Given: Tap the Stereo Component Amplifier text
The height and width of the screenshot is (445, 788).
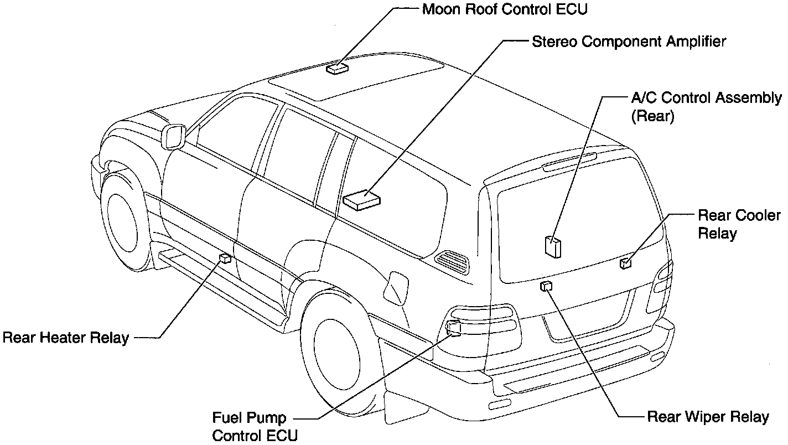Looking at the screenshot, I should point(629,42).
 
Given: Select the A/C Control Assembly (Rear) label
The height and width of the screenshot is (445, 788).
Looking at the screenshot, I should point(706,107).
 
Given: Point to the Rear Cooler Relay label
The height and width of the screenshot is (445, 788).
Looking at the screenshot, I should point(738,224).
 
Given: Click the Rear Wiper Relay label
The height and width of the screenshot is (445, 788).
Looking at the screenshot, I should point(708,417).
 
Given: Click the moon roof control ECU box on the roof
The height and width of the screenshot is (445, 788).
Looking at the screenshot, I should point(336,69).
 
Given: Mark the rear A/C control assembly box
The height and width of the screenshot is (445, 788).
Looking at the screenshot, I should point(553,246).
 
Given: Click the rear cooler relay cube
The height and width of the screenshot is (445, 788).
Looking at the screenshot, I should point(626,263).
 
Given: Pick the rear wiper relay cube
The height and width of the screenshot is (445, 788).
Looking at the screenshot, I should point(546,286).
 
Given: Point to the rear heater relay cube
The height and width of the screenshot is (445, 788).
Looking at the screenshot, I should point(225,258).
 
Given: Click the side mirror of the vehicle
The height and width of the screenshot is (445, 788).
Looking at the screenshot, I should point(174,136).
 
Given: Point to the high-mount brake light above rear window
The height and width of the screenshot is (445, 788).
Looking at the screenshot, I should point(570,162).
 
